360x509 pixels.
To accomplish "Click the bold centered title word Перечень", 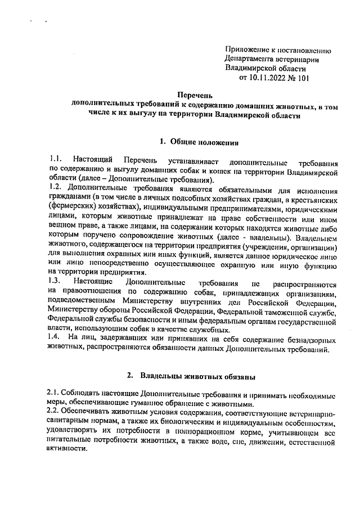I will tap(194, 96).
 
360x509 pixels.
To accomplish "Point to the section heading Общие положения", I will tap(203, 141).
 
